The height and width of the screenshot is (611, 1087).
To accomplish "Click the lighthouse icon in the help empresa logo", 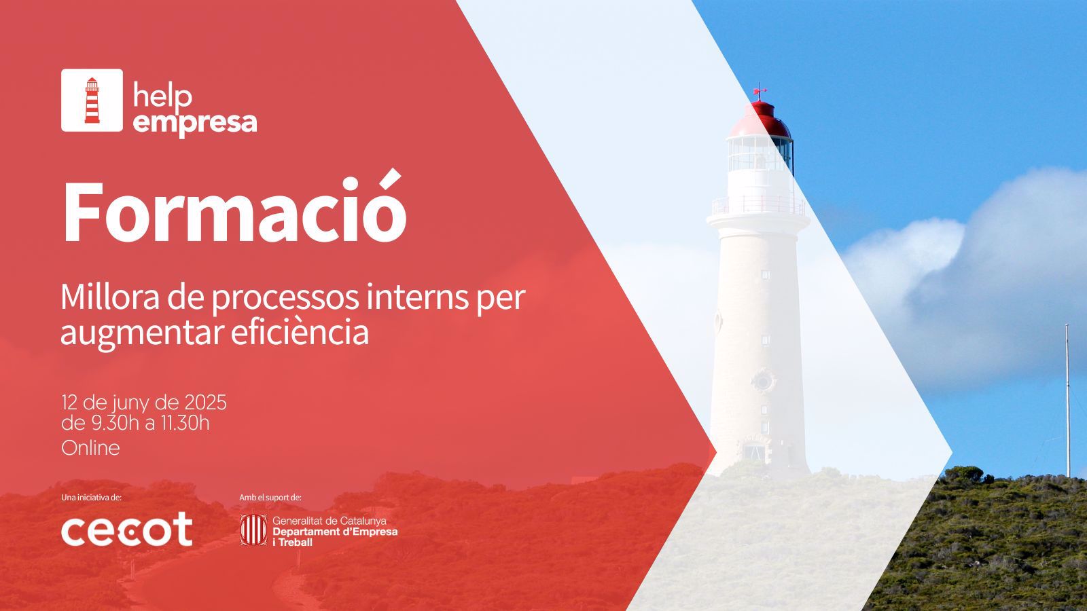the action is [x=92, y=100].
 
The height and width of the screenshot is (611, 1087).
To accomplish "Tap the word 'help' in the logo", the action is [x=162, y=96].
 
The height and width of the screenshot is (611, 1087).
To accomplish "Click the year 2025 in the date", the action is [x=205, y=403].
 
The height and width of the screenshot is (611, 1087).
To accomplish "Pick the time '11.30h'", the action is [x=185, y=423].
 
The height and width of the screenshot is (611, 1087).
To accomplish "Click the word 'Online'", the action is [x=90, y=448].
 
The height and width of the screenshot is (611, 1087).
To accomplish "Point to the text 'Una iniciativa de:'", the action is [x=91, y=498].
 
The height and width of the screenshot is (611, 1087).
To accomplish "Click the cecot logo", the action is [x=126, y=529].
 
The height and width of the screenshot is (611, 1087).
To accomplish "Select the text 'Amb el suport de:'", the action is [x=270, y=498].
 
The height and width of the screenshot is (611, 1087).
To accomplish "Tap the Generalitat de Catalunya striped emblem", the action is [x=253, y=530].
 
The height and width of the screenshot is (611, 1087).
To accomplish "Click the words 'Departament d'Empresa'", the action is [x=335, y=532].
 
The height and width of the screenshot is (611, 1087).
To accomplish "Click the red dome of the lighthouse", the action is [x=761, y=119].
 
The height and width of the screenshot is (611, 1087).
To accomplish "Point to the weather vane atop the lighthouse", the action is [x=760, y=91].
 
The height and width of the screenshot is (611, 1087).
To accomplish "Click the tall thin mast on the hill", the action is [x=1067, y=401].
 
